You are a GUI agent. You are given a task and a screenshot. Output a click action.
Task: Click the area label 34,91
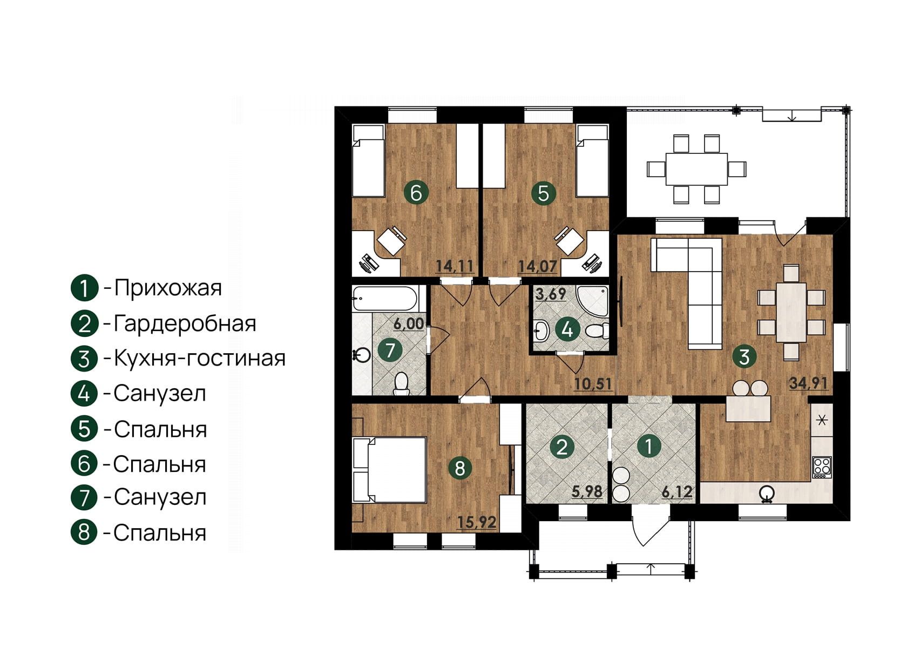(808, 383)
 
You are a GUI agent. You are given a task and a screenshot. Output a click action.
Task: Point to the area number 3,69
(551, 294)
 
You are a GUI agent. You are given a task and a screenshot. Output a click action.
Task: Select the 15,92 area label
(477, 522)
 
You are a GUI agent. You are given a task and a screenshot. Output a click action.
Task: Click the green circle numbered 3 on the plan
(744, 357)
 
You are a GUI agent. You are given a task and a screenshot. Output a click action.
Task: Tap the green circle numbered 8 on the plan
(460, 468)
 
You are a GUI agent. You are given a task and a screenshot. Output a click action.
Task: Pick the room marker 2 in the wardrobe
(562, 447)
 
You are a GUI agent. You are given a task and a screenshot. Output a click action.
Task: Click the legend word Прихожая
(168, 288)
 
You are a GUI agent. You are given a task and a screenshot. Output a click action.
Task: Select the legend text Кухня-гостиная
(200, 358)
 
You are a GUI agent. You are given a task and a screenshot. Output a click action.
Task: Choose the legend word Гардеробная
(185, 323)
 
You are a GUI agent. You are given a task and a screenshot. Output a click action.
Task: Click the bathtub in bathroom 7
(384, 299)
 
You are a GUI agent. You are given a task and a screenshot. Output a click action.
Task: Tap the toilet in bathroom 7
(402, 383)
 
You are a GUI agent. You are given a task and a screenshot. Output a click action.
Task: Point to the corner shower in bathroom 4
(592, 302)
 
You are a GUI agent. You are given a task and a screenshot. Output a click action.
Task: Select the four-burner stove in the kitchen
(822, 467)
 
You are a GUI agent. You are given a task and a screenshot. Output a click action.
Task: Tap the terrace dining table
(696, 169)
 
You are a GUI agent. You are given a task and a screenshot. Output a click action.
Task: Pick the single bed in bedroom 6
(369, 161)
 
